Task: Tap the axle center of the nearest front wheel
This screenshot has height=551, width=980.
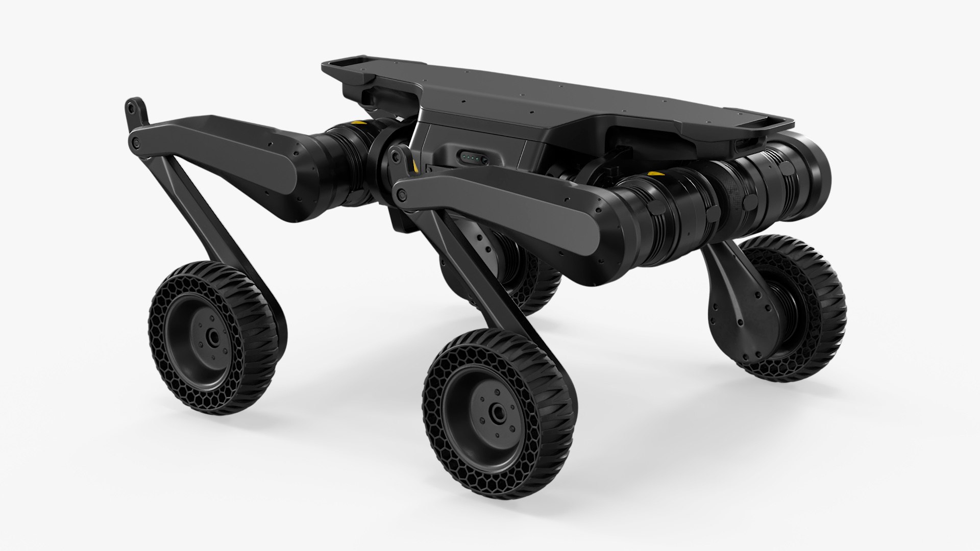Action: pos(496,412)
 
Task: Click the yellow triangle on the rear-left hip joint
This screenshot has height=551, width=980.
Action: pos(361,124)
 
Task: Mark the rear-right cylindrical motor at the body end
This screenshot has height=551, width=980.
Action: pos(801,168)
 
